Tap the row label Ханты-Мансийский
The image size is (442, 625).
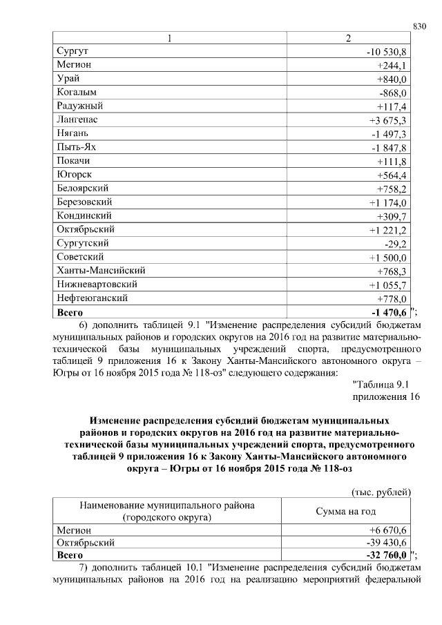[100, 271]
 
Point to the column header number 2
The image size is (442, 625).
[348, 37]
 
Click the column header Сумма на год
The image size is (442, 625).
[345, 511]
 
